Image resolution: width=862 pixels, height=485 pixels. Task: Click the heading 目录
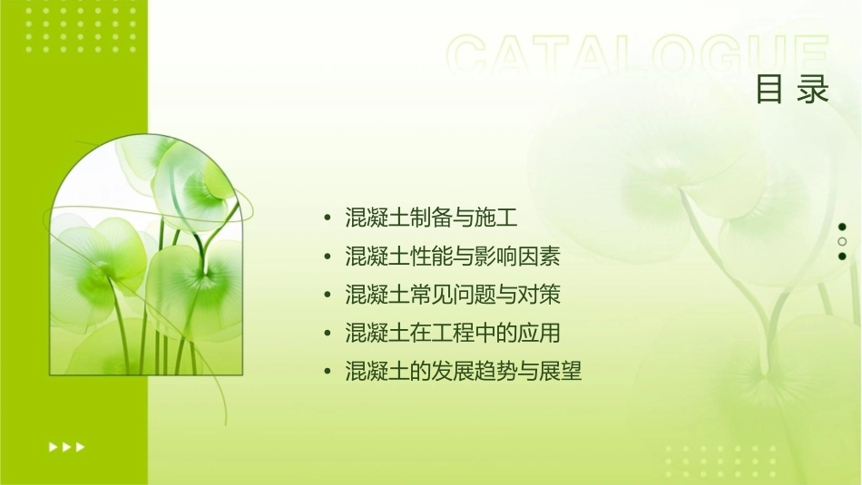pyautogui.click(x=792, y=90)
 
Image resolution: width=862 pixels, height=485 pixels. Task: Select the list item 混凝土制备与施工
pyautogui.click(x=431, y=218)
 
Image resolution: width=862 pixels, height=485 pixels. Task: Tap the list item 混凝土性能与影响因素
pyautogui.click(x=453, y=257)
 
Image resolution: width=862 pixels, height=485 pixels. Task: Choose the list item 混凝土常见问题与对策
pyautogui.click(x=453, y=296)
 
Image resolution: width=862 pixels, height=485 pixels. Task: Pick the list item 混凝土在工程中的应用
pyautogui.click(x=453, y=333)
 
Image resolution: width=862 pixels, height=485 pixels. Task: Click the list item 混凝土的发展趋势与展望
pyautogui.click(x=464, y=371)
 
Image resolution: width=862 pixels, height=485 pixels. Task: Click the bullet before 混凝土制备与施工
pyautogui.click(x=328, y=218)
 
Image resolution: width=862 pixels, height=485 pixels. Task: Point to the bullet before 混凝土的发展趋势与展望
pyautogui.click(x=328, y=372)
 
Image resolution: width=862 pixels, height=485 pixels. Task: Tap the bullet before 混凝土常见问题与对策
pyautogui.click(x=328, y=296)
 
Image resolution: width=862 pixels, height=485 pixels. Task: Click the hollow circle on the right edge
pyautogui.click(x=842, y=242)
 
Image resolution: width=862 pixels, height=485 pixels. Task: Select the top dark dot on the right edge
pyautogui.click(x=842, y=227)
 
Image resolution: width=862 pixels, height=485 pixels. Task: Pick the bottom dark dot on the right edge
pyautogui.click(x=842, y=257)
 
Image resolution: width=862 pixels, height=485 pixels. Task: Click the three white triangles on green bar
pyautogui.click(x=67, y=446)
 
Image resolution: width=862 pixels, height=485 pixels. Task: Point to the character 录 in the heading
pyautogui.click(x=814, y=90)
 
